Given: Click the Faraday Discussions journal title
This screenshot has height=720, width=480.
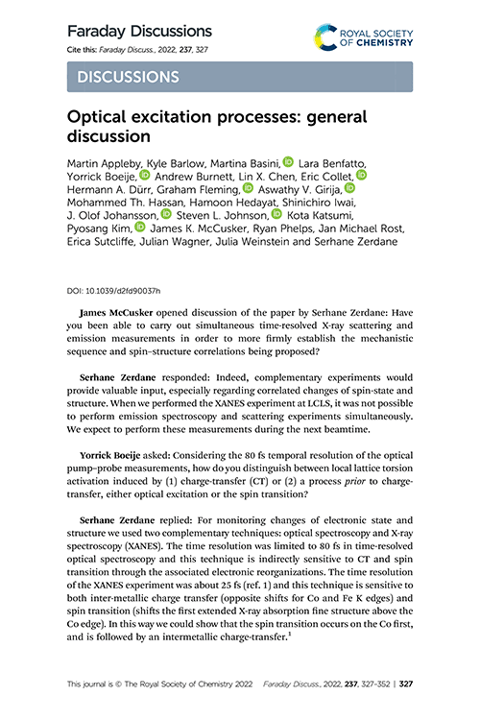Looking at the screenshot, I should point(139,31).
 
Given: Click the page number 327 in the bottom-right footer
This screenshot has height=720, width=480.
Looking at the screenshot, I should point(404,685).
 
